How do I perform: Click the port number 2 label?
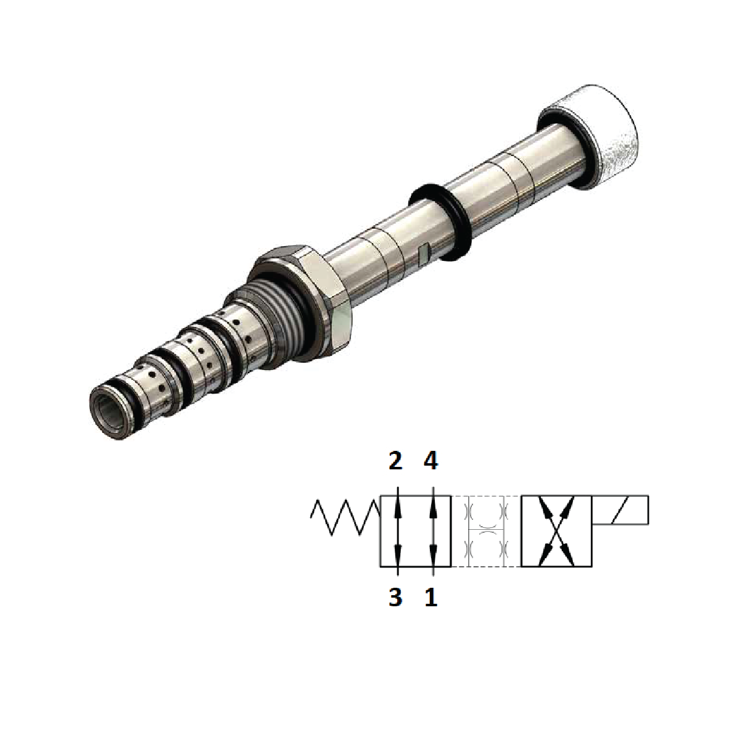(395, 461)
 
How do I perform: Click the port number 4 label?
(431, 461)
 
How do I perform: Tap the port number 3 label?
(395, 597)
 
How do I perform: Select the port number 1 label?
(431, 597)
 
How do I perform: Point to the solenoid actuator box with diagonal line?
(620, 510)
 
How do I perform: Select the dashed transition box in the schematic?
(487, 531)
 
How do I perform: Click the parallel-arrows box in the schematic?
(415, 531)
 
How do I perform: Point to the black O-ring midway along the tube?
(440, 221)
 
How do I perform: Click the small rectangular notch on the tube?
(423, 253)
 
